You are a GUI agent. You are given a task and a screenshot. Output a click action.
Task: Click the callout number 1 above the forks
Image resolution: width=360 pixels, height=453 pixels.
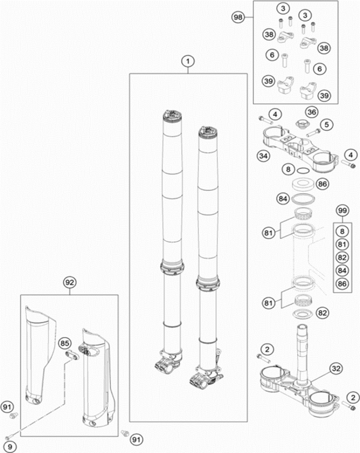(x=188, y=61)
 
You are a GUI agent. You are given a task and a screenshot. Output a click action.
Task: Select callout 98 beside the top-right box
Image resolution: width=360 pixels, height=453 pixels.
(x=239, y=19)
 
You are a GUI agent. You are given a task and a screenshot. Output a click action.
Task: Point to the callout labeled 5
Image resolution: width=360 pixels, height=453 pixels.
(x=327, y=125)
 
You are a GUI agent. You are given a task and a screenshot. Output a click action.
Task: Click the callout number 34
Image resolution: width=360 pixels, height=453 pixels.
(x=262, y=156)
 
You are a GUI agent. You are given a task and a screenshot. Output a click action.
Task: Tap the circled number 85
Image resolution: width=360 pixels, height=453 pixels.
(x=65, y=344)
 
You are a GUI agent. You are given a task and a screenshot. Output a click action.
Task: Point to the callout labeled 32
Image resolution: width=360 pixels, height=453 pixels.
(x=335, y=369)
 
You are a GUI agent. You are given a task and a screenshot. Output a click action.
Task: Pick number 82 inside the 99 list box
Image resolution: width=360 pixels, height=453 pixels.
(x=342, y=257)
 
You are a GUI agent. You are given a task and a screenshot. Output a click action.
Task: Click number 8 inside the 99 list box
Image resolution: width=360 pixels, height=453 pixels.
(x=342, y=230)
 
